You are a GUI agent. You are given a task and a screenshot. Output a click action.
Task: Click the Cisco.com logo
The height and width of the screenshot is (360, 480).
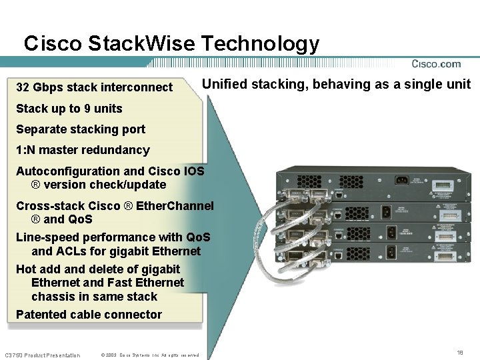[x=436, y=64]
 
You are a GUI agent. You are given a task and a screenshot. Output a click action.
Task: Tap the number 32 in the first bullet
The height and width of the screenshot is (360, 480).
[x=22, y=87]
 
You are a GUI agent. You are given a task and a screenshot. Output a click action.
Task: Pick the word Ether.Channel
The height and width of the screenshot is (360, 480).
[x=175, y=206]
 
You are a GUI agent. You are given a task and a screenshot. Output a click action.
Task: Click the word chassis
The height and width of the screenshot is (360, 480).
[x=53, y=297]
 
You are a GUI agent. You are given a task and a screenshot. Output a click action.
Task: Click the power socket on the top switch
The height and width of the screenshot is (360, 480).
[x=401, y=180]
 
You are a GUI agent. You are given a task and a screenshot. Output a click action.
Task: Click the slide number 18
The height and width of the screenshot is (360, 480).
[x=459, y=352]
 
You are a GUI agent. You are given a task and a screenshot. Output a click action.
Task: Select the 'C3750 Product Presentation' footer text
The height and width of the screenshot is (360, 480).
[x=42, y=355]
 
